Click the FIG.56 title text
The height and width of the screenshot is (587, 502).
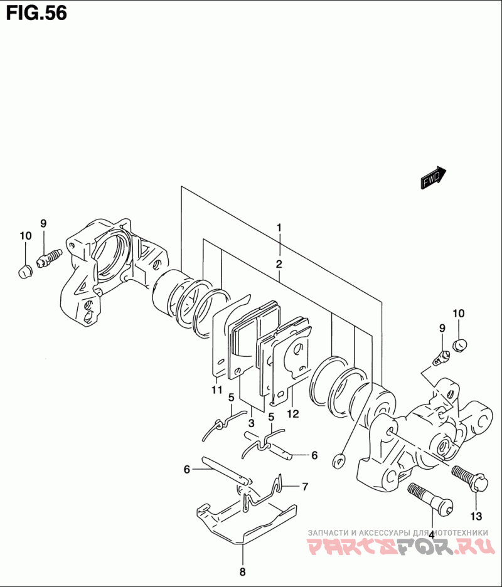point(37,13)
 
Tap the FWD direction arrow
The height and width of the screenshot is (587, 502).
point(433,178)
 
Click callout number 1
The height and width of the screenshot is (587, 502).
point(279,228)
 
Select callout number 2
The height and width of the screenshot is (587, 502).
point(279,264)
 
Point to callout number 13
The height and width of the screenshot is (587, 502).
point(476,516)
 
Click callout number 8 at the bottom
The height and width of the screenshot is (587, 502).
point(242,572)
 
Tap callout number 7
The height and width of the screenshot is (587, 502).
point(306,487)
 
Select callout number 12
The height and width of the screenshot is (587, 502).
point(293,414)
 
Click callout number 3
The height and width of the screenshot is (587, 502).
point(252,423)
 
